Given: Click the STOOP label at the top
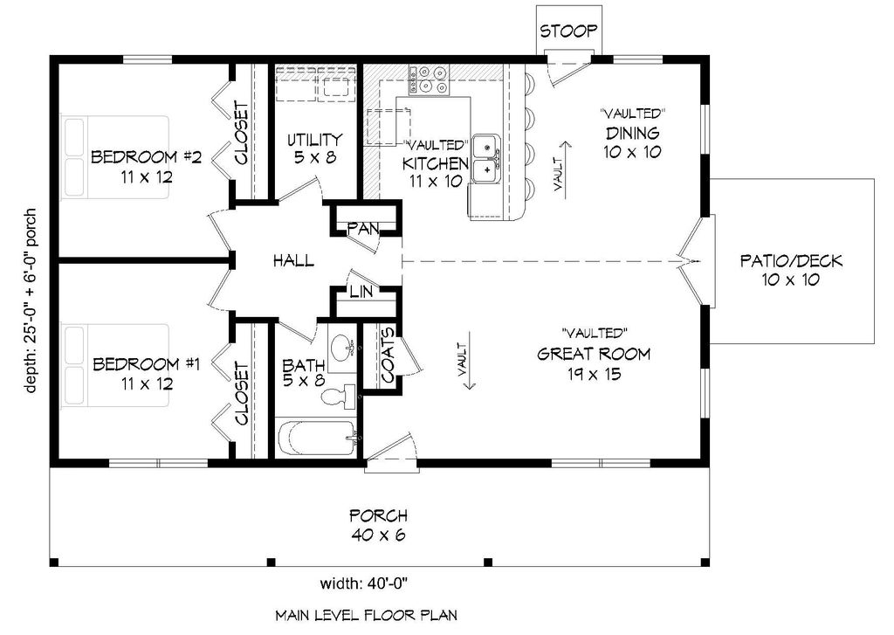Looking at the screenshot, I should (x=568, y=31).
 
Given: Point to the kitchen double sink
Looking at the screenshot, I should (x=485, y=157).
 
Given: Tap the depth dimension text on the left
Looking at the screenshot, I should (x=31, y=301).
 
